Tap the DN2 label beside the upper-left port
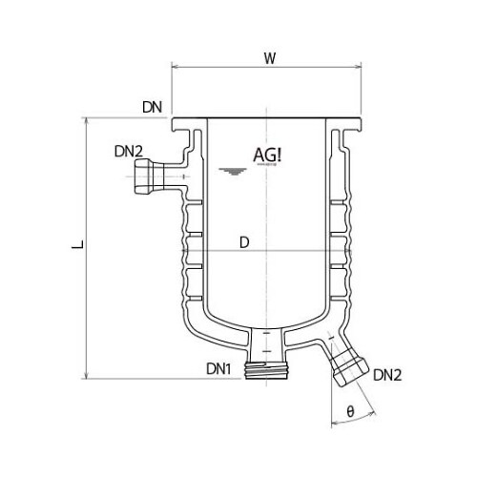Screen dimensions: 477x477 click(129, 151)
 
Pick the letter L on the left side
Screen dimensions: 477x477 click(73, 247)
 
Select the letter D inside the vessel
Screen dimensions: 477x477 click(244, 242)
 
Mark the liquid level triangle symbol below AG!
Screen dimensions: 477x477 click(227, 172)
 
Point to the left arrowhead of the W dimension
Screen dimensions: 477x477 click(176, 68)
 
